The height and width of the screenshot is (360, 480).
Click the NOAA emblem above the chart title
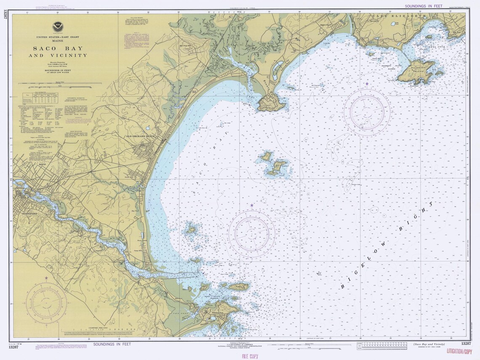point(58,27)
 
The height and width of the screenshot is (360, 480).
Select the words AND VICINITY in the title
point(61,56)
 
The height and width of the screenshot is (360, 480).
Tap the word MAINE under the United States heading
point(58,41)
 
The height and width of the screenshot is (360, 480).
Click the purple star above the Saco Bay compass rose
point(252,205)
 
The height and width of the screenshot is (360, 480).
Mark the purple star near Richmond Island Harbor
point(367,84)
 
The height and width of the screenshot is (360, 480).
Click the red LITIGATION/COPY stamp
point(459,351)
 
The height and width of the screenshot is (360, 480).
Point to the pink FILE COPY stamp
point(250,356)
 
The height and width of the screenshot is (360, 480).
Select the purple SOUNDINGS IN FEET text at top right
point(427,6)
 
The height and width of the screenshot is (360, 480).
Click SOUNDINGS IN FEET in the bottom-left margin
point(112,344)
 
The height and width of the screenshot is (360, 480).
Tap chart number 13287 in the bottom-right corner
point(466,344)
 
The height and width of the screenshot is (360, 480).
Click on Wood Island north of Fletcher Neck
point(238,287)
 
